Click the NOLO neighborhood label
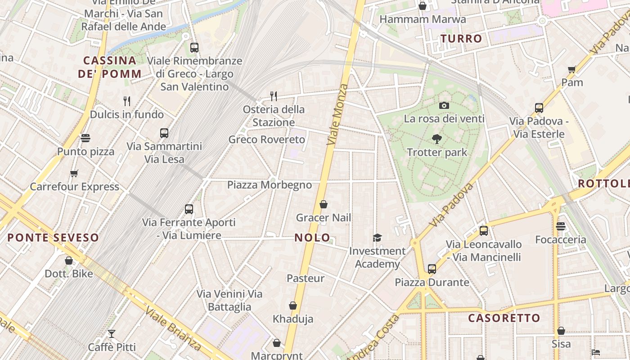click(312, 238)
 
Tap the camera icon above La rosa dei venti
click(444, 106)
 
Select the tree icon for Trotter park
click(436, 139)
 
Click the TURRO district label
click(461, 39)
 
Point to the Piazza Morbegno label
click(269, 185)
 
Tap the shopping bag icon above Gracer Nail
click(323, 205)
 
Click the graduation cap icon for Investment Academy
click(377, 238)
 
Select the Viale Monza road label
click(338, 114)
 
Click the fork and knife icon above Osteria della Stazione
click(273, 96)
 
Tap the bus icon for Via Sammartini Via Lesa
click(164, 133)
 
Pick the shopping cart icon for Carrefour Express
click(74, 173)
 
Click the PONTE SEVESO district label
click(53, 238)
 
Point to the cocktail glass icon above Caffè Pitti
click(112, 334)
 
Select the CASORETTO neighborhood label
click(504, 318)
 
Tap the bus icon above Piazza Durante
click(432, 269)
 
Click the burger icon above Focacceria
click(560, 226)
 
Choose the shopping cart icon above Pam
click(572, 69)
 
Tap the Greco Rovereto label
click(267, 139)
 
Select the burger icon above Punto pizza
click(85, 138)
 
